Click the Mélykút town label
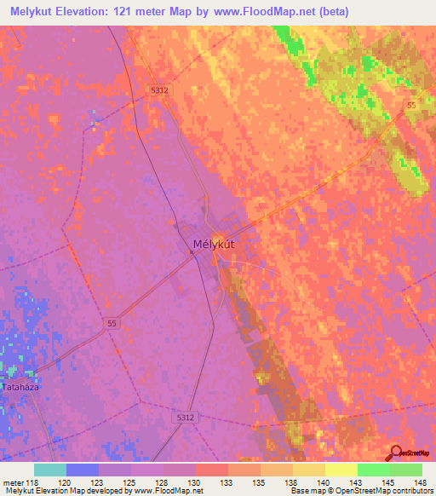pos(214,245)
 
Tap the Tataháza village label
pos(22,385)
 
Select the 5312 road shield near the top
pos(158,89)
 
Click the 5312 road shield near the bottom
pos(186,418)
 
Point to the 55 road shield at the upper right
pos(410,105)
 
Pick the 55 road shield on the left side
pos(113,323)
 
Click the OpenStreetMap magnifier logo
pos(393,453)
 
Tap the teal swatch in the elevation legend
pos(50,470)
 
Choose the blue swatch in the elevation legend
pos(83,470)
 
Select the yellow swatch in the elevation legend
pos(341,470)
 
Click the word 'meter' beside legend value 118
pos(14,482)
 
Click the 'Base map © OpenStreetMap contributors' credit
pos(360,491)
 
